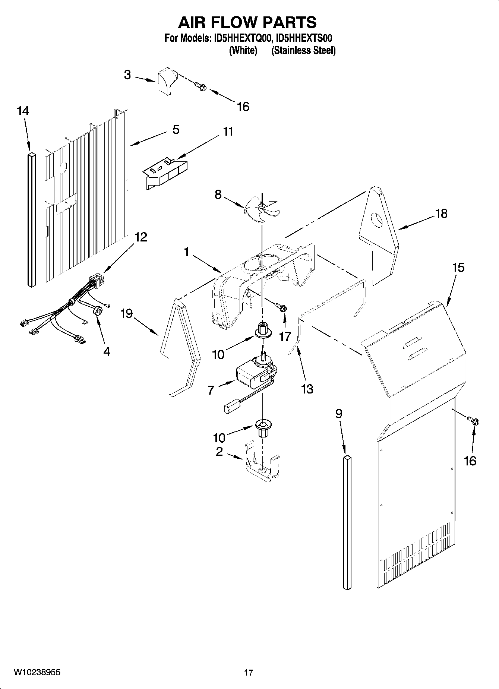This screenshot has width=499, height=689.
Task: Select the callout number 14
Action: coord(23,111)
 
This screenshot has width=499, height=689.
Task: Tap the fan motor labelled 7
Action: coord(253,377)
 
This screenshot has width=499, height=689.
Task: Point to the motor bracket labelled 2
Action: coord(262,464)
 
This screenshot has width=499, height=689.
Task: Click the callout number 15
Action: coord(458,268)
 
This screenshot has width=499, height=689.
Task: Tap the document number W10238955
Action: coord(37,672)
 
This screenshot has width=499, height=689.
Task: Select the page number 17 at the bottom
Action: coord(249,673)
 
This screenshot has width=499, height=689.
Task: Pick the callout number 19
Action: coord(126,314)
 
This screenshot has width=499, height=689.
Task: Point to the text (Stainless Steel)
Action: coord(303,51)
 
